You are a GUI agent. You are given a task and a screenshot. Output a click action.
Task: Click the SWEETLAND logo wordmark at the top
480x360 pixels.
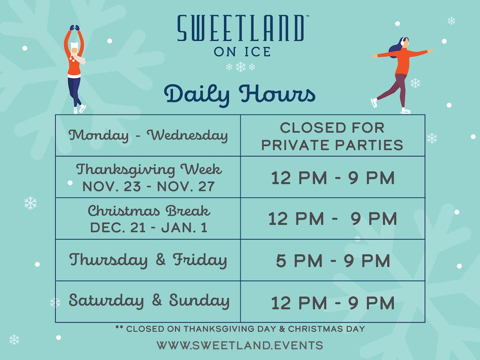point(241,28)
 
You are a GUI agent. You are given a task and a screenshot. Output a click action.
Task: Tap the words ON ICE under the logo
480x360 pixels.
point(242,52)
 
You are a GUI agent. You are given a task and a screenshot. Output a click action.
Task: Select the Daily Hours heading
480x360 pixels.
point(240,95)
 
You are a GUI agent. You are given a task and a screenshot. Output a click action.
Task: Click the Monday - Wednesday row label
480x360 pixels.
point(148,135)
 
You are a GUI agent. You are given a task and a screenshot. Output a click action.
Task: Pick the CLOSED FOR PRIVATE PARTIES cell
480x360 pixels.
point(332,136)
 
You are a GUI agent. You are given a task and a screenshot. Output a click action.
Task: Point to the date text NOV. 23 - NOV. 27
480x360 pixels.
point(148,186)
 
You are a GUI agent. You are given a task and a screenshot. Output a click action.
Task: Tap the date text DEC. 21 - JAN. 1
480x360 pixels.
point(148,228)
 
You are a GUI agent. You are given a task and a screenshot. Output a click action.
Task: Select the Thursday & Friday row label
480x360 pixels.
point(148,260)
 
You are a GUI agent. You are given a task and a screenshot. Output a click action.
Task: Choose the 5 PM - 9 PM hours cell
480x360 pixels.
point(333,261)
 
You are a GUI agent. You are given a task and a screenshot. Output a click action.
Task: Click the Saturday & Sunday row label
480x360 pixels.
point(149,300)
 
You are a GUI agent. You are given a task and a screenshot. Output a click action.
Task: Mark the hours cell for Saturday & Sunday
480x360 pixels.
point(333,303)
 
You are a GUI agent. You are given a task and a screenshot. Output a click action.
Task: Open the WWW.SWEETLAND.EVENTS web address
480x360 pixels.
point(240,345)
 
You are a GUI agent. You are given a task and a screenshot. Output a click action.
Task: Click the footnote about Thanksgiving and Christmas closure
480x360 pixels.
point(240,329)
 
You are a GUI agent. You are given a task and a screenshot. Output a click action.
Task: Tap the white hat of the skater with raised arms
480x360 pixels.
point(74,46)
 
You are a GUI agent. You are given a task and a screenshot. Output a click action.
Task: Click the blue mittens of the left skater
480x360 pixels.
point(74,27)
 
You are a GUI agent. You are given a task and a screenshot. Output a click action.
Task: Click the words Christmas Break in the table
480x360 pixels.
point(149,211)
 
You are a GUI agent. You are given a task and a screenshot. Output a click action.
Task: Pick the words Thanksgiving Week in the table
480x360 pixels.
point(149,170)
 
